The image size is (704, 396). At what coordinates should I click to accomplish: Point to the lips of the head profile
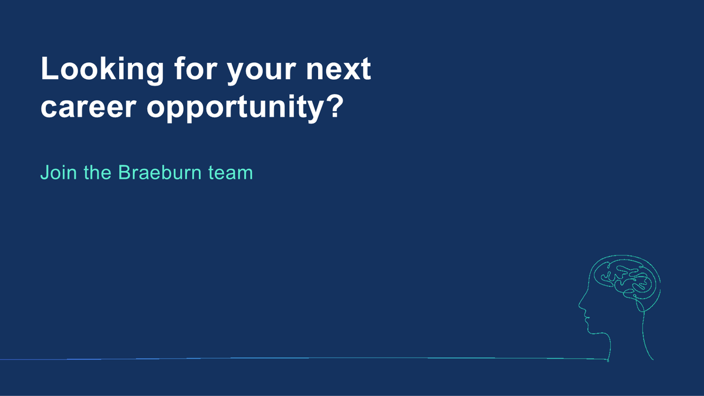(585, 319)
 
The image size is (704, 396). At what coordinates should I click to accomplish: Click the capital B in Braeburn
(124, 173)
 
